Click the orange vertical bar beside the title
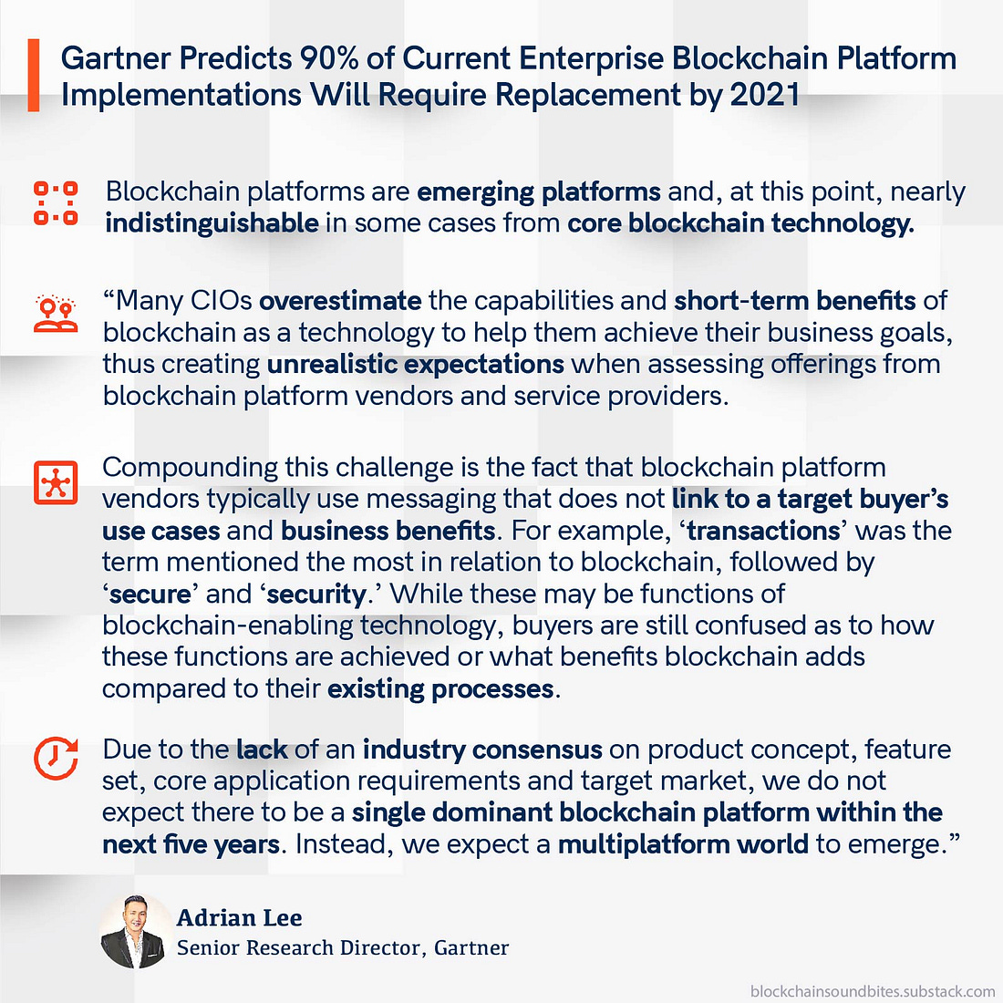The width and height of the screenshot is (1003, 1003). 33,76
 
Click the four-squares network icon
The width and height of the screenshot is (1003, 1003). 56,202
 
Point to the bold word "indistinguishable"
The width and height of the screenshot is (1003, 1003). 212,223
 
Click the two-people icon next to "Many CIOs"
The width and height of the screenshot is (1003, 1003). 56,314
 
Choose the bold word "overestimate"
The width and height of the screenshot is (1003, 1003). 340,301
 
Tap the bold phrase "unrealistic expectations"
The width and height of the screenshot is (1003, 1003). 415,365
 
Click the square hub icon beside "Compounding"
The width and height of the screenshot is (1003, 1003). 56,482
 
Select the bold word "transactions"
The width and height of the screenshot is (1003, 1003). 763,531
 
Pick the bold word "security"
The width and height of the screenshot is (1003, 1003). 316,595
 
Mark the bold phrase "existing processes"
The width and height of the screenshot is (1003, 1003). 440,689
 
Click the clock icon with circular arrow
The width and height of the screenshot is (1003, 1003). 56,759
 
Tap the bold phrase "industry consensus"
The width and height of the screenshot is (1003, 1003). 482,750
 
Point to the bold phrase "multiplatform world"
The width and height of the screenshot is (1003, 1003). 683,844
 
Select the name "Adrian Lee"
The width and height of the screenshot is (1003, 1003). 240,918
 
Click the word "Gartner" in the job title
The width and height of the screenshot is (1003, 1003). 471,947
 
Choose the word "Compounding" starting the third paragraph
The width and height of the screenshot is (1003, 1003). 190,469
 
